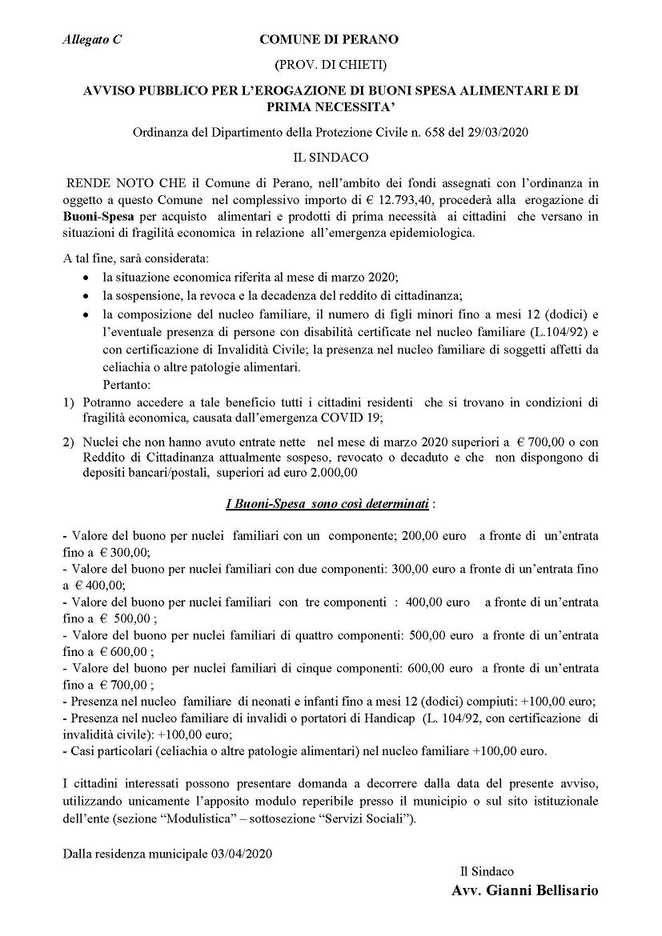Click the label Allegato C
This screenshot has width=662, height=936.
point(91,39)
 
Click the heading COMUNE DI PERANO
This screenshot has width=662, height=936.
point(329,39)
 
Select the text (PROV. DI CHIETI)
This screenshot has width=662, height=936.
point(330,63)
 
